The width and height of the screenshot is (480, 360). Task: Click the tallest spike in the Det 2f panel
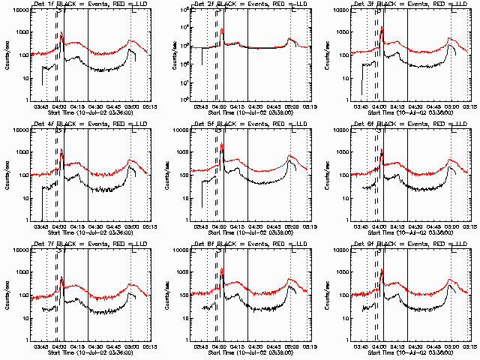(x=222, y=28)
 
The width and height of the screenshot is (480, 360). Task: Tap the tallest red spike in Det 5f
(x=222, y=143)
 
